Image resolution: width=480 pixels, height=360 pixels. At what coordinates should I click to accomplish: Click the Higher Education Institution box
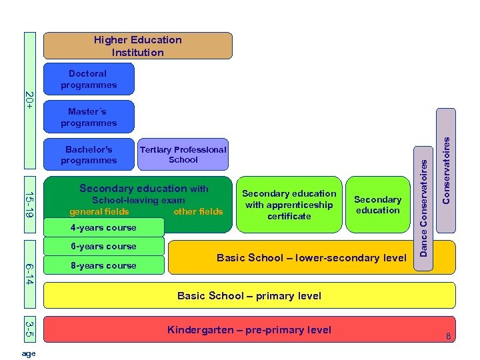point(138,46)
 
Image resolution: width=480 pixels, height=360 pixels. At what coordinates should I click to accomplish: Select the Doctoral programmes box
point(89,79)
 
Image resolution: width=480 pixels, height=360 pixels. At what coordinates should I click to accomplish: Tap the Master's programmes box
point(89,117)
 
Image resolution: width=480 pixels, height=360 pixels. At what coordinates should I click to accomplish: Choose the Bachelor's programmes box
point(89,155)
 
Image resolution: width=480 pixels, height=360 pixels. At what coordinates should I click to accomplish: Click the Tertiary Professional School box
point(183,155)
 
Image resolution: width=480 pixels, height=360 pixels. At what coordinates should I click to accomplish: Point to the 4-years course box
point(103,228)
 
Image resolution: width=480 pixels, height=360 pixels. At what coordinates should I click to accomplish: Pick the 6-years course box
point(103,247)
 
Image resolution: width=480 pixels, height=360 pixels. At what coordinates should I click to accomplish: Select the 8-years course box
point(103,265)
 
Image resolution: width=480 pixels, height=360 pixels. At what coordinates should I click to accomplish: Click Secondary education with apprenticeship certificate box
point(289,205)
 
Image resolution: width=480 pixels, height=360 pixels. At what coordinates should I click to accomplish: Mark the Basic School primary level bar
point(249,295)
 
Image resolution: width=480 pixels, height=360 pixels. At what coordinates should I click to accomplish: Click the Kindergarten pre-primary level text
point(249,330)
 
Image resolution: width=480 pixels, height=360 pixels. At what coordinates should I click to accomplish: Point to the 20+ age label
point(29,101)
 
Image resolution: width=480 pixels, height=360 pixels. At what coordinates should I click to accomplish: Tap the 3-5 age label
point(29,329)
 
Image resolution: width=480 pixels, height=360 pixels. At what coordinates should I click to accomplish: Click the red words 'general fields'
point(99,212)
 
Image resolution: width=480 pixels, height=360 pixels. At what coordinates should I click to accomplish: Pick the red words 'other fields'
point(198,212)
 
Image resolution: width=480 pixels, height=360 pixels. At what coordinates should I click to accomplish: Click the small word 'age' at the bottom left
point(29,353)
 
